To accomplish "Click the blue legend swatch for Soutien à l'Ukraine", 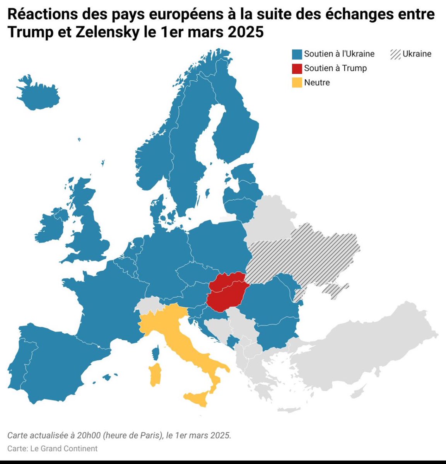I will (297, 54).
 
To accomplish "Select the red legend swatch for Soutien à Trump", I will (297, 68).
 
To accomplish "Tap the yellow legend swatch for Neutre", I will (297, 82).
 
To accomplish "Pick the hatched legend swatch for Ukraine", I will (395, 54).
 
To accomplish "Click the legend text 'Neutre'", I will (317, 82).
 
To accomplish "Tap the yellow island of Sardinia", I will (155, 374).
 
